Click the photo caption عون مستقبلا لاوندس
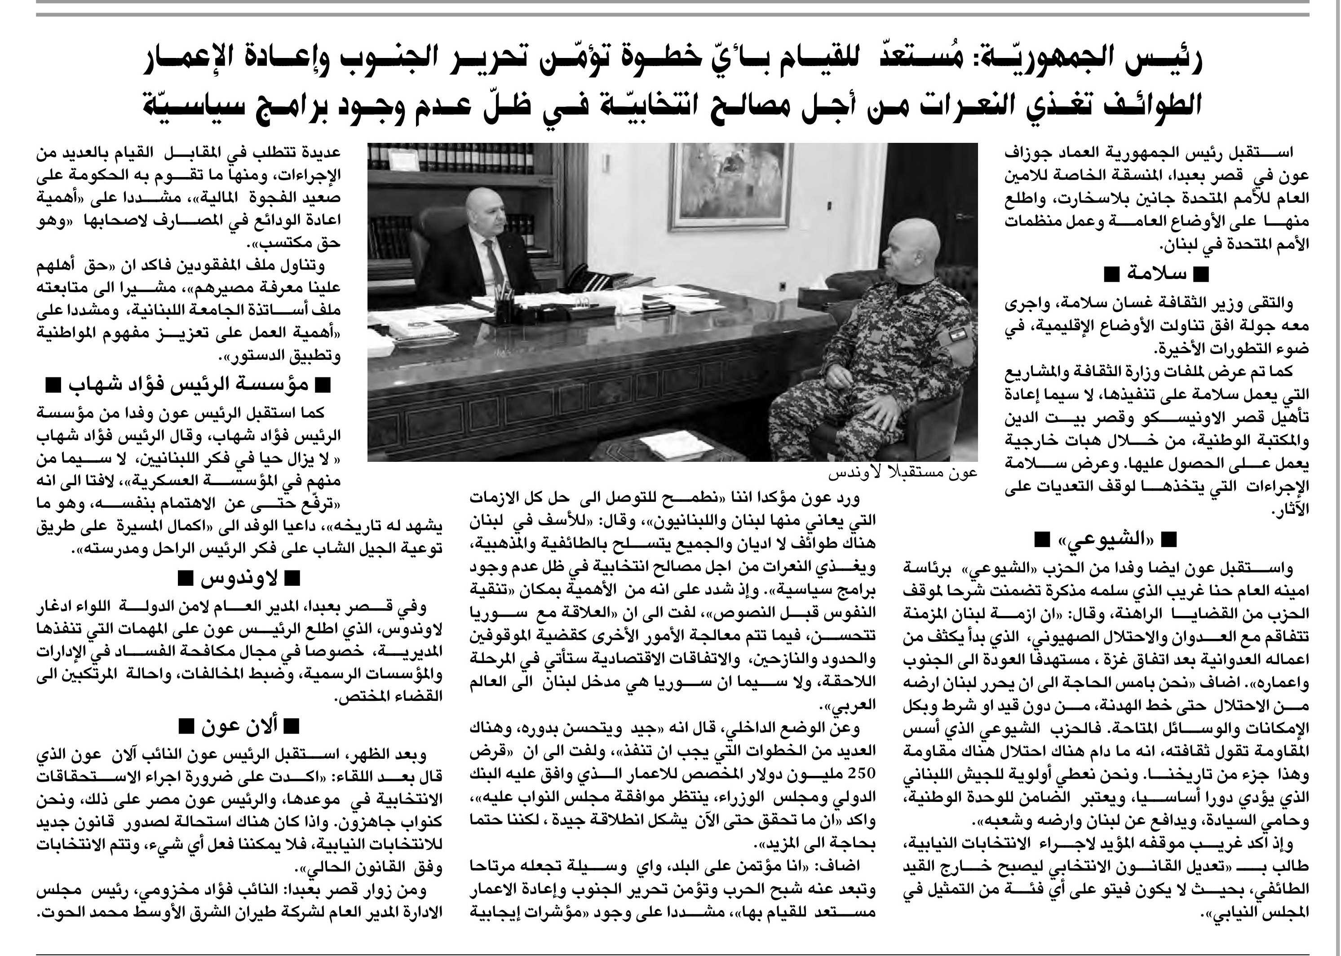(x=903, y=473)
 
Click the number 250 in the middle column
(x=861, y=772)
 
